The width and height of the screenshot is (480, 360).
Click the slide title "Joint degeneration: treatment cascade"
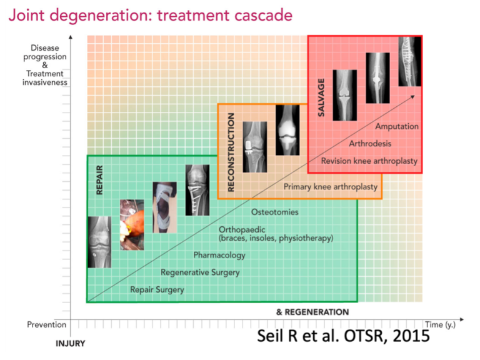pos(150,15)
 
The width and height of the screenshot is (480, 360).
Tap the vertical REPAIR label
pos(99,180)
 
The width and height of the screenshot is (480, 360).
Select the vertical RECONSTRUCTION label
pos(231,152)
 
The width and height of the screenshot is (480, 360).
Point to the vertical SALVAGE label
pos(321,97)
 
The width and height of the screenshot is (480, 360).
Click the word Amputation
pos(397,126)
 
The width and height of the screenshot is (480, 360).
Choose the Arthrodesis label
pos(370,144)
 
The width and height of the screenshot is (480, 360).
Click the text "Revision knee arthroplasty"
pos(369,161)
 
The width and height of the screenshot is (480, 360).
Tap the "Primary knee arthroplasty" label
pos(331,187)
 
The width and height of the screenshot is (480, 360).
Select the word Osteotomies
pos(274,212)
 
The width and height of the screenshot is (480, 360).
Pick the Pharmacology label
pos(219,255)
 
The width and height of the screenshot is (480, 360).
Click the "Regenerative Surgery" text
pos(200,272)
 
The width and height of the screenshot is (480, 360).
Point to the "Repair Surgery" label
pos(157,289)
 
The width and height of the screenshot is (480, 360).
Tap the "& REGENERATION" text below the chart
pos(312,312)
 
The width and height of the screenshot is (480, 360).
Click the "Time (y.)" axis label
pos(440,324)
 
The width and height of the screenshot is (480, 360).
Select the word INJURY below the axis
pos(71,344)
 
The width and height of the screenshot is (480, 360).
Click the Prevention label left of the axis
pos(46,324)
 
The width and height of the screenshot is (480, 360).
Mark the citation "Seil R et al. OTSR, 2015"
pos(344,336)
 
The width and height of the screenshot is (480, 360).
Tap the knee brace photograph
pos(165,207)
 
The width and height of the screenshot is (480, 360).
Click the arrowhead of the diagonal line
pos(412,97)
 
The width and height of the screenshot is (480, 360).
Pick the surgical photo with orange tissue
pos(132,225)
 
